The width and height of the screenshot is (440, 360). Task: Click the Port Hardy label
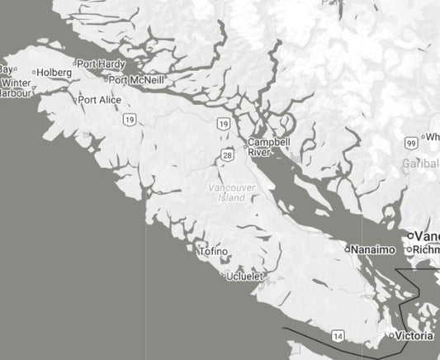pyautogui.click(x=100, y=64)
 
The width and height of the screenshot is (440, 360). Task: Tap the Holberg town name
pyautogui.click(x=54, y=73)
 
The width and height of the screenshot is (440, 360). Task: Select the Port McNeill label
pyautogui.click(x=137, y=80)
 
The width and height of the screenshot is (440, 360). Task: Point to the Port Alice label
pyautogui.click(x=101, y=100)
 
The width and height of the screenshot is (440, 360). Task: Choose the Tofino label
pyautogui.click(x=214, y=251)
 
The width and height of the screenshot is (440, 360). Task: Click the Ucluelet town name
pyautogui.click(x=246, y=276)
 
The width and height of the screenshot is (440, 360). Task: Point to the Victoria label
pyautogui.click(x=414, y=336)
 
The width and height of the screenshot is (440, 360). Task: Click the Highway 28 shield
pyautogui.click(x=227, y=155)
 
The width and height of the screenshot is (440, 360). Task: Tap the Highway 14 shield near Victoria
pyautogui.click(x=338, y=335)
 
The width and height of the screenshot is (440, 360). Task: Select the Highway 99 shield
pyautogui.click(x=410, y=144)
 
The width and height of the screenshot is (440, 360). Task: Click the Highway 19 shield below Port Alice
pyautogui.click(x=130, y=121)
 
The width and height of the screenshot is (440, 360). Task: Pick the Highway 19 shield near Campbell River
pyautogui.click(x=224, y=124)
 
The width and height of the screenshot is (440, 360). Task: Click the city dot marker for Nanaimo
pyautogui.click(x=348, y=249)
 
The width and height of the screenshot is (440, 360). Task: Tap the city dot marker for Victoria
pyautogui.click(x=392, y=336)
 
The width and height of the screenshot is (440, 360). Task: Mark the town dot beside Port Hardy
pyautogui.click(x=74, y=64)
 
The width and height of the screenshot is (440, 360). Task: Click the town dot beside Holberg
pyautogui.click(x=34, y=73)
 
